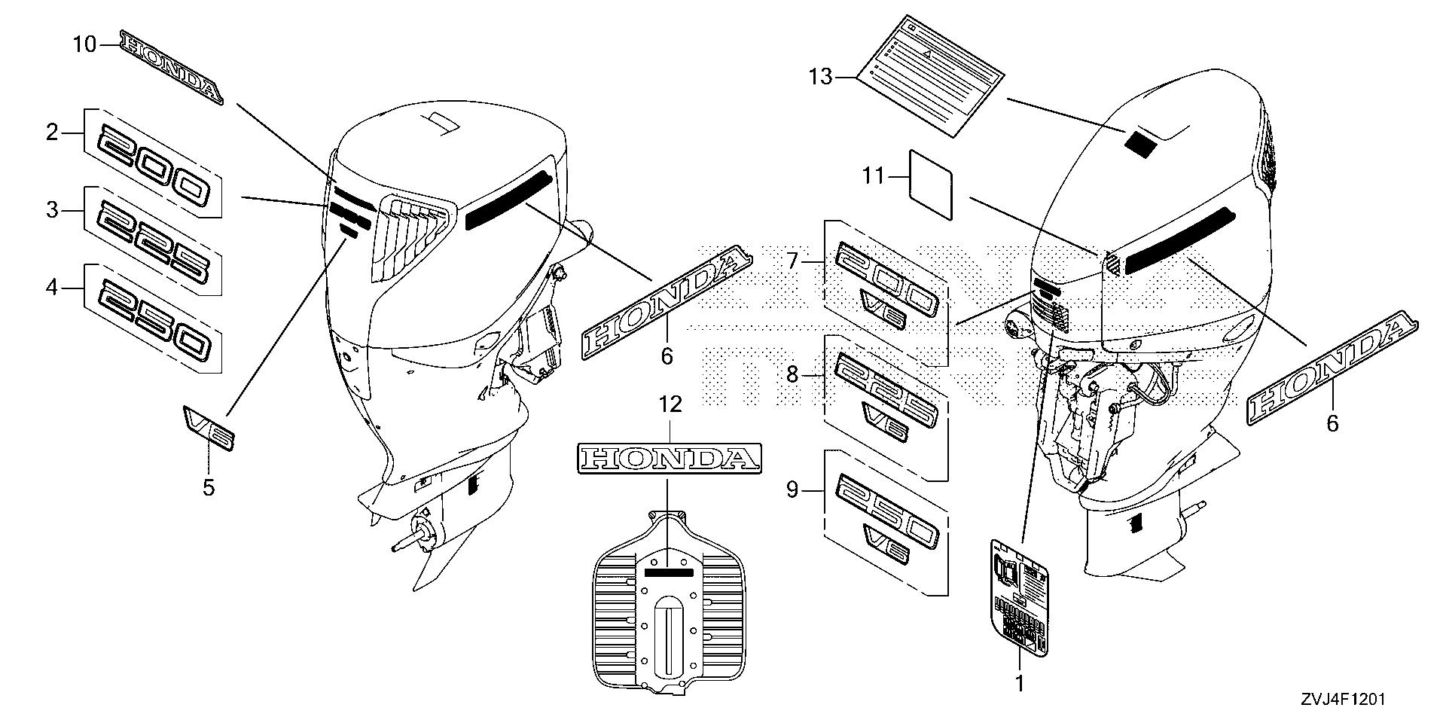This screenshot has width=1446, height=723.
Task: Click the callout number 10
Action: tap(84, 45)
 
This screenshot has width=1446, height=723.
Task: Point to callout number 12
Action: tap(670, 405)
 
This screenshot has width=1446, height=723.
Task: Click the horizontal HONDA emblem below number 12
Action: tap(670, 457)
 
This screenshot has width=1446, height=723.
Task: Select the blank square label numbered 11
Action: tap(931, 185)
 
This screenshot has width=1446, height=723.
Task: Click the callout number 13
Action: tap(822, 77)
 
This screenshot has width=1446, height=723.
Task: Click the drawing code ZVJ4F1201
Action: tap(1342, 699)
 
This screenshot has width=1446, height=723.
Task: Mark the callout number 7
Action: tap(792, 261)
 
